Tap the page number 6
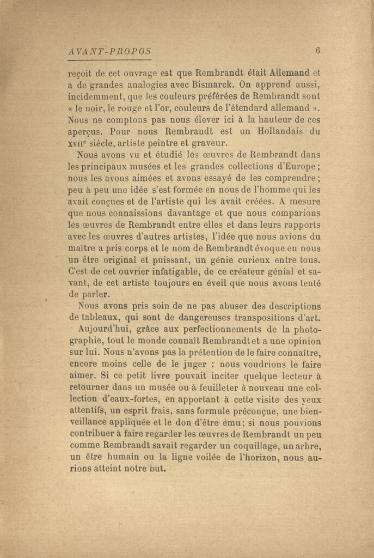(x=317, y=51)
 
